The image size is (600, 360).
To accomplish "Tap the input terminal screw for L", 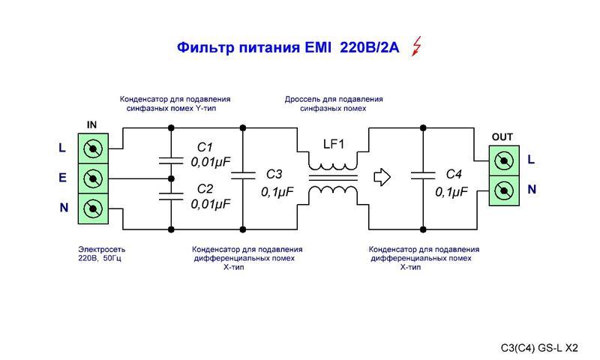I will click(93, 148).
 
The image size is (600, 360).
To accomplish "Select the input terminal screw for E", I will click(93, 178).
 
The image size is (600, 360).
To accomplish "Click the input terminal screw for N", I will click(93, 207).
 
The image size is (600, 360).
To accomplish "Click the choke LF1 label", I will click(332, 144).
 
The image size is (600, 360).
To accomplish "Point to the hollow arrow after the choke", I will click(382, 178).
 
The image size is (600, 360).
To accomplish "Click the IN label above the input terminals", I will click(92, 124).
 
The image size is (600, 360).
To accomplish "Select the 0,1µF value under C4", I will click(452, 192).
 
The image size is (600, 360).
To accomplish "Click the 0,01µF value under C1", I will click(211, 161).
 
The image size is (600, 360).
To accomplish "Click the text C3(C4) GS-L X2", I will click(539, 347).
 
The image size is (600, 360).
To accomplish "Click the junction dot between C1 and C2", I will click(171, 178).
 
